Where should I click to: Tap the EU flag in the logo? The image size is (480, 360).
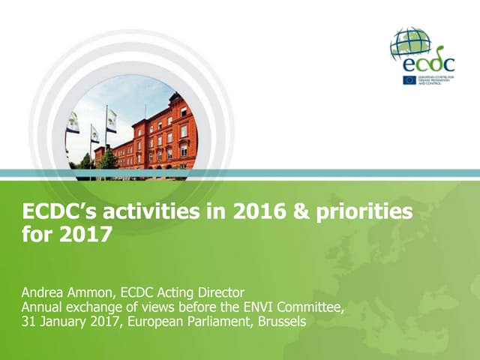(x=409, y=79)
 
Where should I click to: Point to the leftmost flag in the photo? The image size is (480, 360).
(x=73, y=122)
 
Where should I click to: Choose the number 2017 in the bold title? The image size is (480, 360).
(x=88, y=235)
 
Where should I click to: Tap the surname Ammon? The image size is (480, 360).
(x=94, y=292)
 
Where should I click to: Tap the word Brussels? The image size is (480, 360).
(x=280, y=322)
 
